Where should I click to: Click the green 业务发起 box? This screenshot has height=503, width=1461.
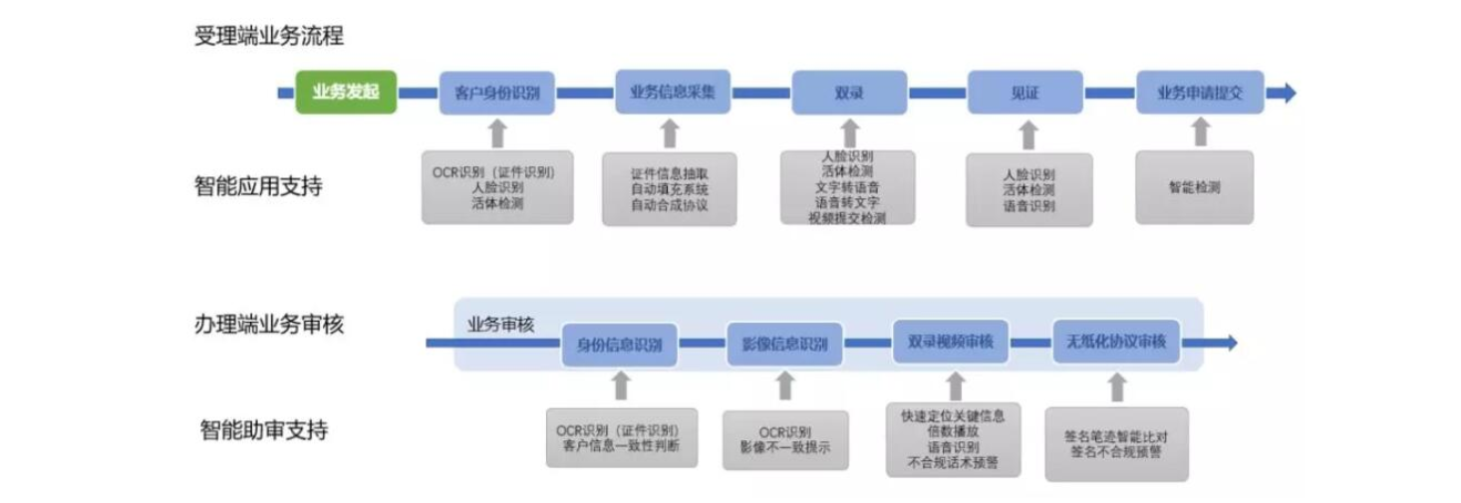(x=346, y=93)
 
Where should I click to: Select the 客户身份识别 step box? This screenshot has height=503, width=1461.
(x=497, y=93)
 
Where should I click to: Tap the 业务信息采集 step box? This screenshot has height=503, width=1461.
(x=673, y=92)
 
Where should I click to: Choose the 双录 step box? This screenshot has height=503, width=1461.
(x=849, y=93)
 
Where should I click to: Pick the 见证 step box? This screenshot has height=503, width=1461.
(x=1025, y=93)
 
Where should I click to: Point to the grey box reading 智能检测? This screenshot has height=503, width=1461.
(x=1195, y=186)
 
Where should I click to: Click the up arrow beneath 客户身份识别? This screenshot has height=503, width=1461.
(x=498, y=133)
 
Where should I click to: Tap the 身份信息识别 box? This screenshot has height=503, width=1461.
(x=619, y=345)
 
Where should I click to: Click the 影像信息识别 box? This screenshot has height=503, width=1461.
(x=784, y=345)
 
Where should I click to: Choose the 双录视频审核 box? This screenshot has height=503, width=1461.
(x=950, y=342)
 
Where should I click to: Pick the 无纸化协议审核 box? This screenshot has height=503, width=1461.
(x=1116, y=342)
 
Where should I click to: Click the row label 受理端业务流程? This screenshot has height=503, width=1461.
(x=269, y=37)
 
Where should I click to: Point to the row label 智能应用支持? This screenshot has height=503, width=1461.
(x=259, y=186)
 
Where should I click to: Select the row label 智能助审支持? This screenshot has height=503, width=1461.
(x=263, y=431)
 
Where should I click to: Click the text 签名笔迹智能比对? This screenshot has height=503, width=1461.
(x=1115, y=434)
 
